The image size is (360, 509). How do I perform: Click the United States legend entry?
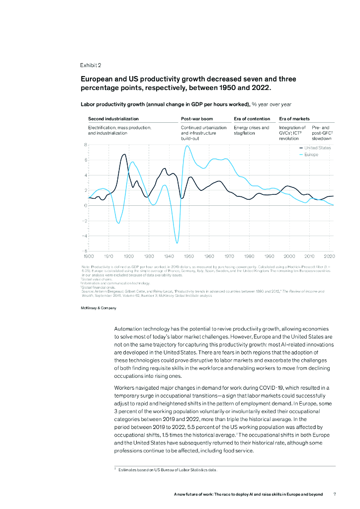317,148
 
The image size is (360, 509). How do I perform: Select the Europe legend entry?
311,155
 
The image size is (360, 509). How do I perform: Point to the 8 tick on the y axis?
85,145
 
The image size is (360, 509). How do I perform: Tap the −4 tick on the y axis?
84,236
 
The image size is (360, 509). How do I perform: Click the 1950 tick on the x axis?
189,255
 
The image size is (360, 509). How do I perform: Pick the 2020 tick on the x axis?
329,255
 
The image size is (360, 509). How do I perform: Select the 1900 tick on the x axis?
89,255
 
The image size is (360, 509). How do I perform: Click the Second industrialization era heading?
113,119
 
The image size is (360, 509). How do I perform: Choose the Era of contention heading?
252,119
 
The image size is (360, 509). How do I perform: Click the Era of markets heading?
294,119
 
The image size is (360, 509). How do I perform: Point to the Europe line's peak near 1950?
187,146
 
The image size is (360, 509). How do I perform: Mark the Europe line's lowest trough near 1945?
177,243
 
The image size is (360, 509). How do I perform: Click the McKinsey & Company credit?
98,309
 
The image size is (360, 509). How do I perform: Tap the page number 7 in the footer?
335,495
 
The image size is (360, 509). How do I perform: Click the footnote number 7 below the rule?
115,469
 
